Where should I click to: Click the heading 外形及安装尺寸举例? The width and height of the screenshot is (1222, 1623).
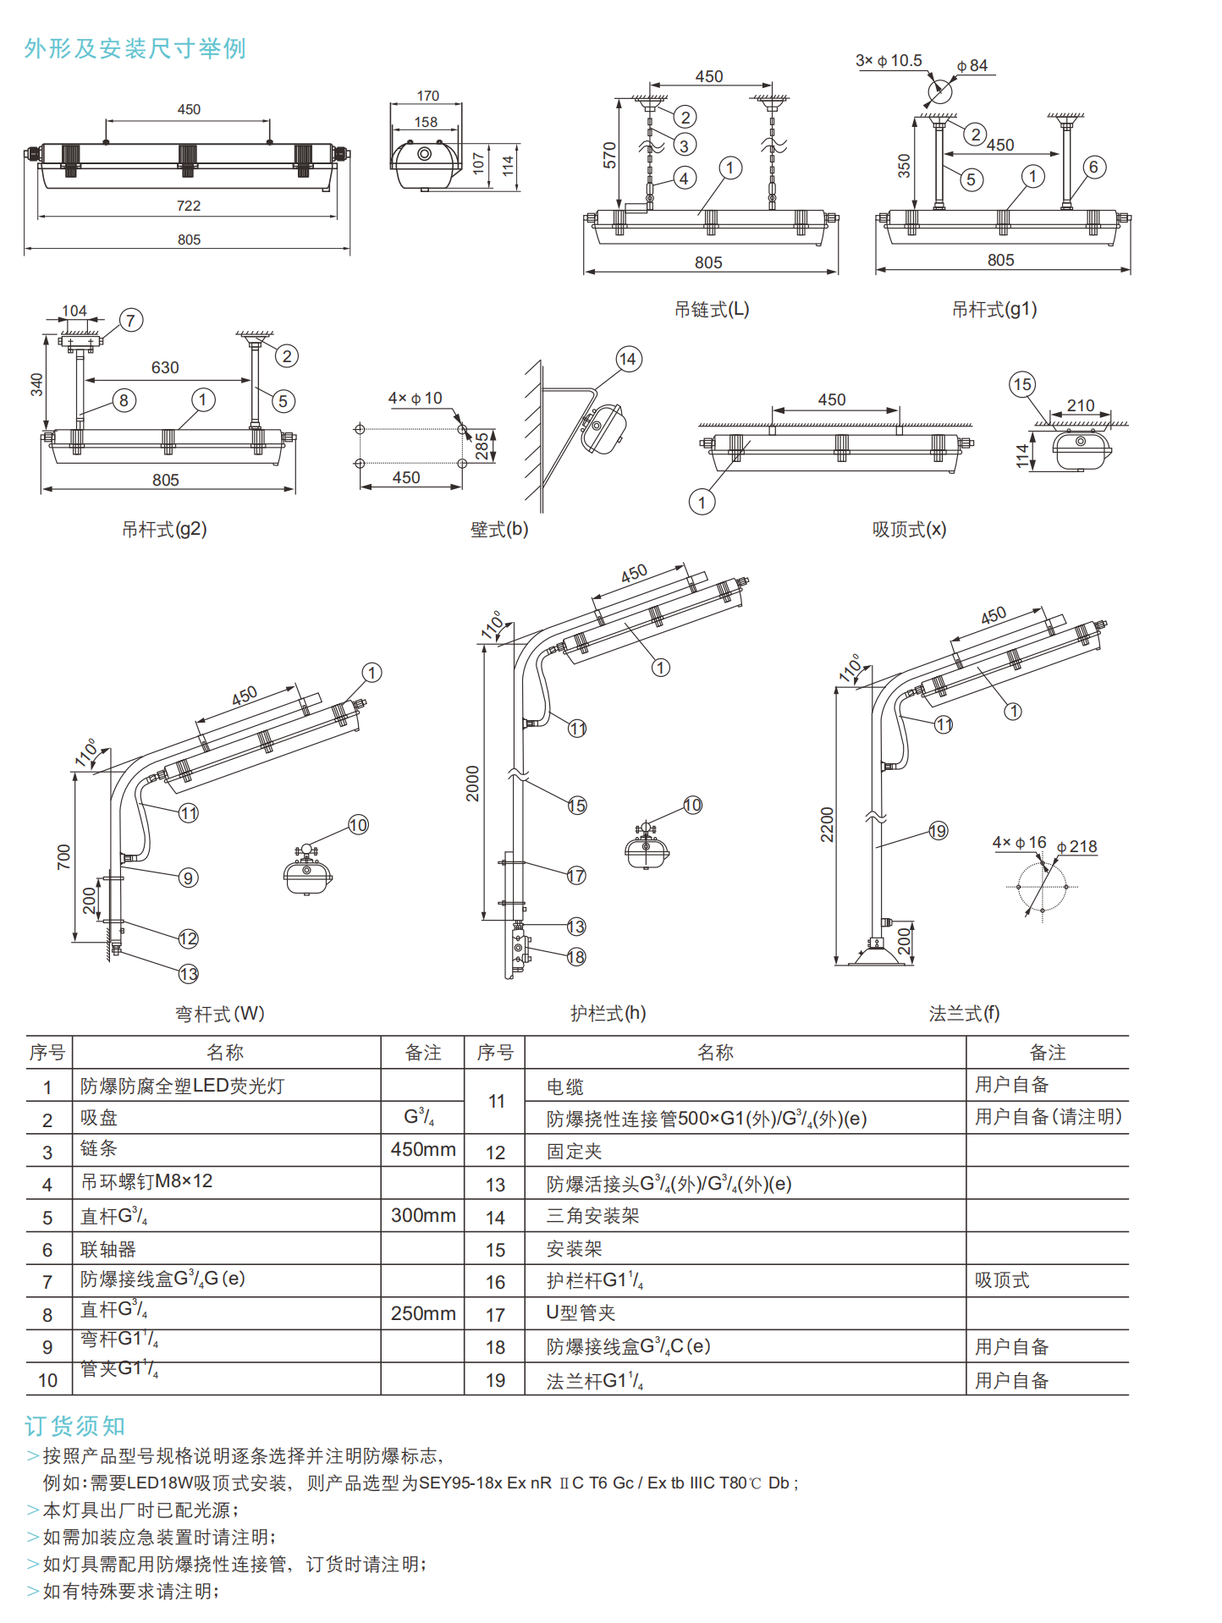click(x=135, y=49)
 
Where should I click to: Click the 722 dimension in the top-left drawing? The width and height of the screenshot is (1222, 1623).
click(x=189, y=206)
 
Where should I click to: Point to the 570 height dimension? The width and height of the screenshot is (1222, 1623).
click(x=609, y=155)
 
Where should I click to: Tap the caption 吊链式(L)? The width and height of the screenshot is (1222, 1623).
click(x=712, y=310)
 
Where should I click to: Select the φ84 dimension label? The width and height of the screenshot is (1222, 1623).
click(x=973, y=66)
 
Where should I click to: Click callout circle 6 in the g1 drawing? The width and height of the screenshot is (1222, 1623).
click(x=1093, y=167)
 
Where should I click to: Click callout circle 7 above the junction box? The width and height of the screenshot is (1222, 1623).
click(x=130, y=320)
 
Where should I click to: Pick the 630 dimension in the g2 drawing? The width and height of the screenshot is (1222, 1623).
click(x=165, y=367)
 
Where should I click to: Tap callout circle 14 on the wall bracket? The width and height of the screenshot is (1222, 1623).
click(x=628, y=359)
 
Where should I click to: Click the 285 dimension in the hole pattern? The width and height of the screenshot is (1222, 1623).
click(x=482, y=445)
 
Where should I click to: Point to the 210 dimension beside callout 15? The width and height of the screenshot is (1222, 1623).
click(x=1081, y=405)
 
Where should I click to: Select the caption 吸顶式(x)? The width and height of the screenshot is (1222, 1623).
click(x=909, y=530)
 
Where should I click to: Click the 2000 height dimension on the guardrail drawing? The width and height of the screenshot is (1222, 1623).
click(x=473, y=783)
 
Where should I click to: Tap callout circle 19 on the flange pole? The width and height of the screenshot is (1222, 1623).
click(x=938, y=831)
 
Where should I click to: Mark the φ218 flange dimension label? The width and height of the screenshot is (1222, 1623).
click(x=1077, y=846)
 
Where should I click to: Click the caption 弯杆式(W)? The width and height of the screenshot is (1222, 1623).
click(x=220, y=1014)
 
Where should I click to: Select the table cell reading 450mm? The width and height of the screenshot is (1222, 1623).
click(x=423, y=1149)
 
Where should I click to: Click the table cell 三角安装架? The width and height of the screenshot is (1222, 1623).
click(x=592, y=1216)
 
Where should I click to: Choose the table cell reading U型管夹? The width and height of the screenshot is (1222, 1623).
click(x=581, y=1312)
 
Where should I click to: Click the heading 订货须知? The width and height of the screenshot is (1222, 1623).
click(x=75, y=1426)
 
